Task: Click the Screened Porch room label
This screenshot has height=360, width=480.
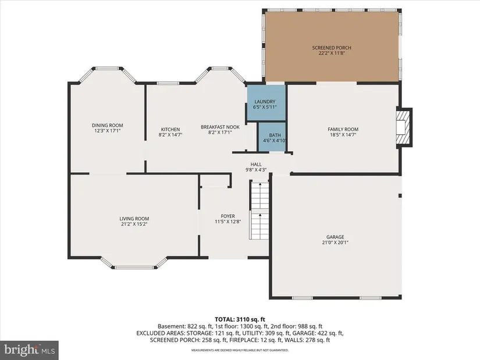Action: click(332, 48)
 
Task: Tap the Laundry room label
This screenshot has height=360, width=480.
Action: click(265, 102)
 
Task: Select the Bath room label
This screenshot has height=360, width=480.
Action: click(275, 135)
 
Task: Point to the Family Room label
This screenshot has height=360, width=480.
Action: click(343, 129)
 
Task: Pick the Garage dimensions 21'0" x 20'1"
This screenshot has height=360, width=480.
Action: click(335, 243)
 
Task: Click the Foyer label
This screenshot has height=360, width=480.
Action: click(227, 216)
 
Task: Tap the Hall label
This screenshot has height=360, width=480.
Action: click(256, 165)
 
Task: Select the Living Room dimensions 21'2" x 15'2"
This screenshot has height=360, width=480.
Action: click(134, 224)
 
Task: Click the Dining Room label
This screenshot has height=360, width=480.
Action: click(108, 125)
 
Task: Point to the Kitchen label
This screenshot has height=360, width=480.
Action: click(170, 130)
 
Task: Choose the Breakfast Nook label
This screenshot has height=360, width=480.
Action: click(220, 127)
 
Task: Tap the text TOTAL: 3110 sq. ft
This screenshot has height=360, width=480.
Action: click(240, 320)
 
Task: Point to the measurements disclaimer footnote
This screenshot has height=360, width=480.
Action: click(240, 350)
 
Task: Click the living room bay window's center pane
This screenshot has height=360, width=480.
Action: click(134, 268)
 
